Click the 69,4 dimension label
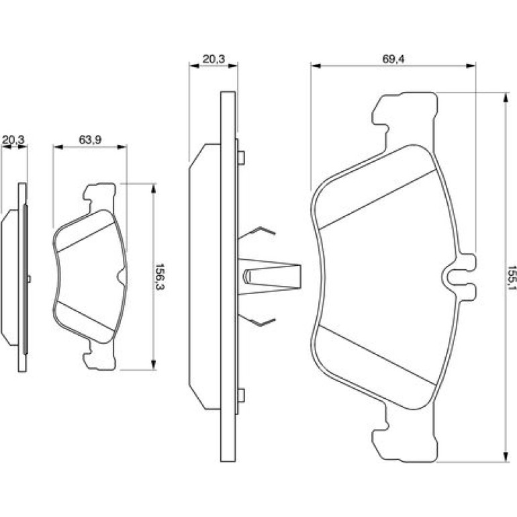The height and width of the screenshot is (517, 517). pos(393,59)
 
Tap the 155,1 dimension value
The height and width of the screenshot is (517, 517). pos(512,277)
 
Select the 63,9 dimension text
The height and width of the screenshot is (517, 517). pos(90,140)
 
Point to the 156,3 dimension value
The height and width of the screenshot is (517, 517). pos(160,277)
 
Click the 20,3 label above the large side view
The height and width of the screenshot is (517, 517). pos(214,59)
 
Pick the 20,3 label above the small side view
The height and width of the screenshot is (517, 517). pos(13,140)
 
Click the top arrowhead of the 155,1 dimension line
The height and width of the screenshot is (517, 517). pos(505,97)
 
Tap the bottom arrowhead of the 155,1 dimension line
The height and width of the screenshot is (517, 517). pos(505,457)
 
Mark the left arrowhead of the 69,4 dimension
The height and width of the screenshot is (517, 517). pos(316,66)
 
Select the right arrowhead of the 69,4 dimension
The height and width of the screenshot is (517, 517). pos(471,66)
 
